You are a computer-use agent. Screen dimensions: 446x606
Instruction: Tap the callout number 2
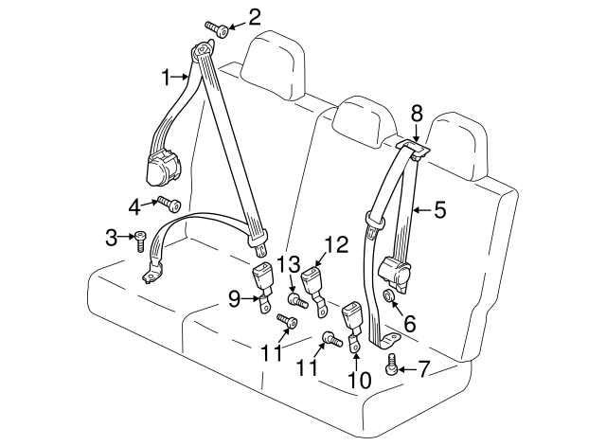click(254, 16)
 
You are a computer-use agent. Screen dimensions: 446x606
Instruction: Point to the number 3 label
click(110, 236)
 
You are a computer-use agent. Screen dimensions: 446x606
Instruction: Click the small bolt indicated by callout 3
click(140, 242)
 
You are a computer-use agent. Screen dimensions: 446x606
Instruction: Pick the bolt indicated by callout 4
click(169, 203)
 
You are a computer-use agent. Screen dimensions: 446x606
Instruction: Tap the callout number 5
click(439, 210)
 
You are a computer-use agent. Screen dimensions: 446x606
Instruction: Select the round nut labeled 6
click(389, 299)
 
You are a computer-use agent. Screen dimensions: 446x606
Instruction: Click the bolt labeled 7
click(391, 364)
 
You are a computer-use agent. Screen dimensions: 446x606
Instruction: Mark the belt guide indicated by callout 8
click(412, 147)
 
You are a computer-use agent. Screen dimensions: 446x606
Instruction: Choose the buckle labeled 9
click(261, 279)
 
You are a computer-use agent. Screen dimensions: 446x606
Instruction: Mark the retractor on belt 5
click(398, 274)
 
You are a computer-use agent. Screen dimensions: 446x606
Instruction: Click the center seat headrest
click(367, 118)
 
